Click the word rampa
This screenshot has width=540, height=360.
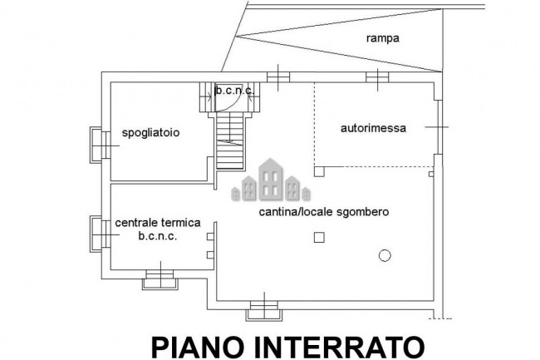[x=383, y=38]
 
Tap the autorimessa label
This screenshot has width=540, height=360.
[x=373, y=128]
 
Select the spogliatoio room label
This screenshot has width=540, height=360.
[x=150, y=133]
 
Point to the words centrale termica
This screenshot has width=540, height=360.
[x=158, y=223]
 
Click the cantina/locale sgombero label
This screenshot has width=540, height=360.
[x=324, y=211]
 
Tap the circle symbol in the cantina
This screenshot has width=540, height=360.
[x=385, y=255]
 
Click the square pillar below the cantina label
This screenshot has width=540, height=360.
[x=319, y=237]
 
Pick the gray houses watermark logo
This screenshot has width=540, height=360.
[x=271, y=180]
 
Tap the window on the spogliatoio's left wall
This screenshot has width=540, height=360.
[x=101, y=145]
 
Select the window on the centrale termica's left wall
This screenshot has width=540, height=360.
[x=101, y=234]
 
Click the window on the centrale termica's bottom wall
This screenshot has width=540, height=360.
[x=160, y=279]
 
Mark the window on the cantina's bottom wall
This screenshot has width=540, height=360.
[x=264, y=310]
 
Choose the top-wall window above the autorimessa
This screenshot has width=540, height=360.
[x=377, y=77]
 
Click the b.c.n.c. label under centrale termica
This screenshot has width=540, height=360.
[x=158, y=236]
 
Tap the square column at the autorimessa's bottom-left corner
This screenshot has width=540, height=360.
[x=319, y=171]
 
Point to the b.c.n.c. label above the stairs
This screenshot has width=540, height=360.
[x=234, y=91]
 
